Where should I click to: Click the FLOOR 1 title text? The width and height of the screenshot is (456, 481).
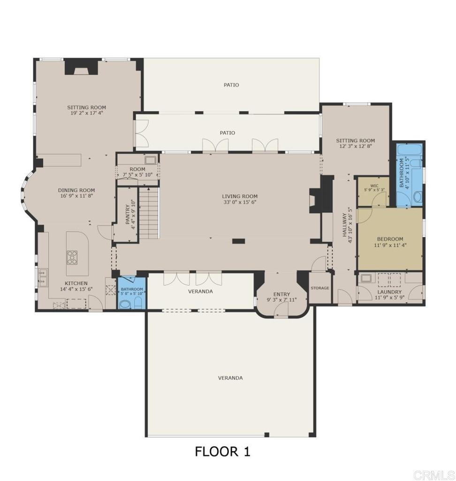click(222, 451)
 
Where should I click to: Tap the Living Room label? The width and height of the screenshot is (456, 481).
click(240, 196)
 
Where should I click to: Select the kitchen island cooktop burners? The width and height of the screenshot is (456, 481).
click(72, 257)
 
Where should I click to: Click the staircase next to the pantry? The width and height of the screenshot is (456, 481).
click(149, 213)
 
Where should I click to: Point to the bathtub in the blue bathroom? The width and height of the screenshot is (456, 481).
click(410, 151)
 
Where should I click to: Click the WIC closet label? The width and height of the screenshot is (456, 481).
click(374, 186)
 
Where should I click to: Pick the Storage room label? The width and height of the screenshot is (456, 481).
click(320, 288)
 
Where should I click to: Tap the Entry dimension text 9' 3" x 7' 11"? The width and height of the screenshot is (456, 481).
click(281, 300)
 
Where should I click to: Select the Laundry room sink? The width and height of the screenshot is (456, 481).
click(365, 278)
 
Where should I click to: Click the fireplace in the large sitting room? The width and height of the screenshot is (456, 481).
click(81, 67)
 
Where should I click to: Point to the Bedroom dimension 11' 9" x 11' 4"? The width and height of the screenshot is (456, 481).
click(390, 245)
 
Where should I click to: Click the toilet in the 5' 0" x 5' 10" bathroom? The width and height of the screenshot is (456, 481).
click(125, 304)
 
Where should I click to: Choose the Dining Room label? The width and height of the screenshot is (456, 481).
click(76, 190)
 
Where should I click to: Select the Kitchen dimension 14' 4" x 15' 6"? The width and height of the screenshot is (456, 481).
click(76, 289)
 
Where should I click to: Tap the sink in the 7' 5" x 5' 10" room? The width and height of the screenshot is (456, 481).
click(151, 160)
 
